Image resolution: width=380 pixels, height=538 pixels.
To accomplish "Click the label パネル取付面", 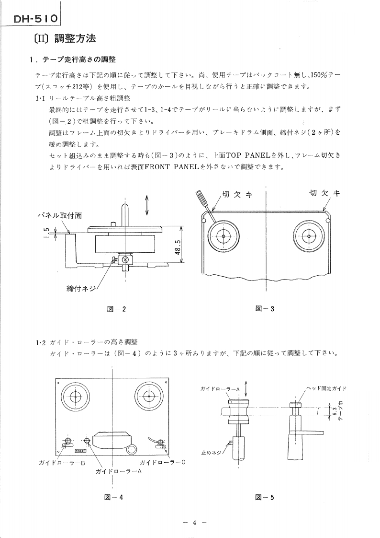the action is coord(60,216).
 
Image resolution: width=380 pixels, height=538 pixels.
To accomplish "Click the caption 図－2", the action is coord(117,309).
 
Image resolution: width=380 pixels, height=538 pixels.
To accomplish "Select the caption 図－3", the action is coord(265,309).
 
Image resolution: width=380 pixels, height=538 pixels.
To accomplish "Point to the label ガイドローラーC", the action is coord(162,462).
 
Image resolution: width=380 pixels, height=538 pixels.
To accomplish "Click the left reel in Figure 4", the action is coord(75,397).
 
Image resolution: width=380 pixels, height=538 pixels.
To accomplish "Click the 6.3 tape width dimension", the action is coord(334,411).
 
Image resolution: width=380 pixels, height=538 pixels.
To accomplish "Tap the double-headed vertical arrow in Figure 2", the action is coord(147,205).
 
